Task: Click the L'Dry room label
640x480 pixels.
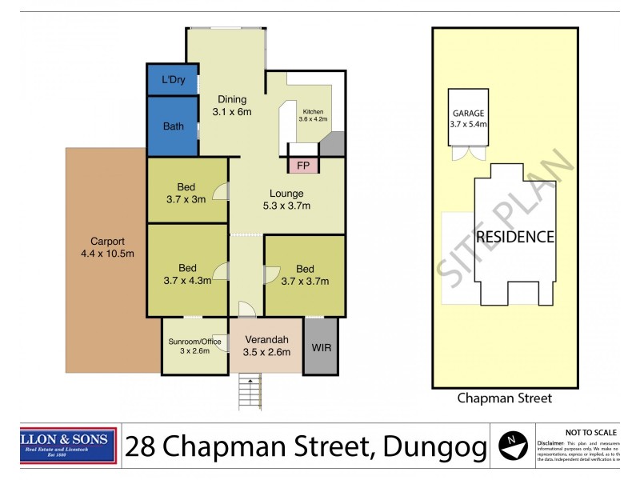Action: coord(172,80)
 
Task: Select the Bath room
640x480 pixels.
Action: coord(173,126)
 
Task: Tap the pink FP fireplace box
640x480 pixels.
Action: coord(303,166)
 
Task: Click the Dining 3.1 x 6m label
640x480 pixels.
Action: coord(231,106)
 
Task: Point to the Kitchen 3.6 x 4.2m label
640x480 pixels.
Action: coord(314,114)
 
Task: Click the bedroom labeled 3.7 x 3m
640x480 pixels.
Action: coord(186,193)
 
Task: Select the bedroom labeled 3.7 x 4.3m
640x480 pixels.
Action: coord(186,274)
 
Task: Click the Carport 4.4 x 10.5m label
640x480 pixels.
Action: coord(107,247)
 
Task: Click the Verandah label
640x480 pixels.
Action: coord(266,338)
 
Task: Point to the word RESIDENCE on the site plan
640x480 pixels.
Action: coord(514,237)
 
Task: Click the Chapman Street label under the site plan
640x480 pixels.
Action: coord(504,398)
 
